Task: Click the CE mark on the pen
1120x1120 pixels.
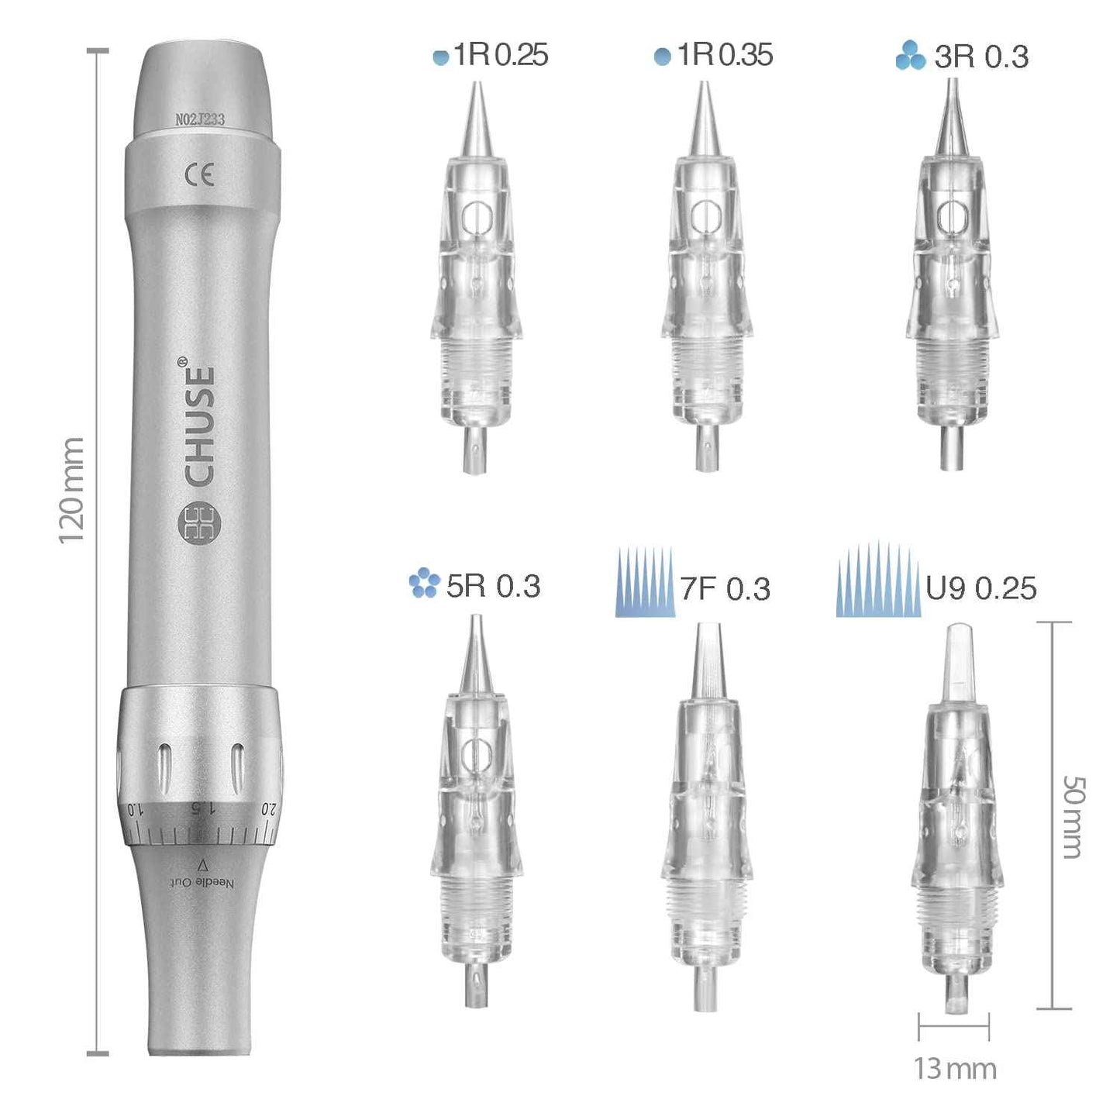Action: (x=199, y=175)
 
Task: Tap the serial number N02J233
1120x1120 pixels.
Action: (x=200, y=119)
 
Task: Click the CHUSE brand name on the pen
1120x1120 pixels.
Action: (x=200, y=426)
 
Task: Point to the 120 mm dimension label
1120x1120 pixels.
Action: (x=71, y=490)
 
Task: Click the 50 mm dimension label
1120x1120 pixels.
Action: (x=1073, y=817)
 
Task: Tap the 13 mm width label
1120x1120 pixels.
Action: (x=955, y=1069)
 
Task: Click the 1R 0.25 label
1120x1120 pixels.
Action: (x=500, y=56)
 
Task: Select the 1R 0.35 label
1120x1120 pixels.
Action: (x=724, y=56)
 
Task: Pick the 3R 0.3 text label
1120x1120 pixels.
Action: (x=981, y=57)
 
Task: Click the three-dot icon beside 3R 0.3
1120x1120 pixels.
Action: (x=910, y=56)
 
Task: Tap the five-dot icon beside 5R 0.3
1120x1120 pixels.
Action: (x=423, y=584)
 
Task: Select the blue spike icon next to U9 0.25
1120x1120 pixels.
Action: (x=878, y=581)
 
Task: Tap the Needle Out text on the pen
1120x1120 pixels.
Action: (x=202, y=882)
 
